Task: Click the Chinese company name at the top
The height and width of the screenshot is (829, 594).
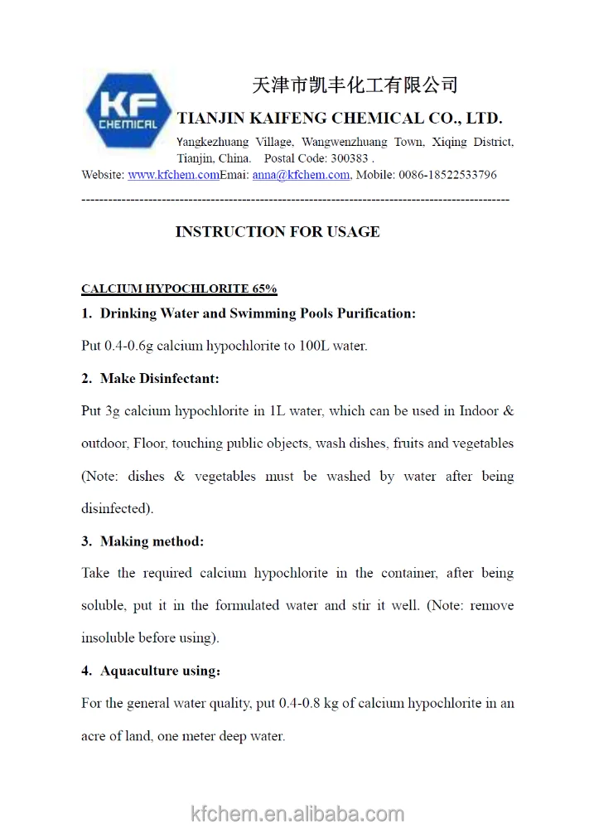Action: coord(355,85)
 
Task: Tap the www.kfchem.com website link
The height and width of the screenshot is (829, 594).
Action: coord(173,175)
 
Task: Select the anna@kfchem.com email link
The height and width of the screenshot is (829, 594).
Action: coord(301,175)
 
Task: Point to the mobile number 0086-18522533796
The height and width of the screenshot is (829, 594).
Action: coord(447,175)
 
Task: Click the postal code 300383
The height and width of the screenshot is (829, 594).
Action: coord(350,158)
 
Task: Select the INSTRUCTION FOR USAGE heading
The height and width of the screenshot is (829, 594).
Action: coord(278,232)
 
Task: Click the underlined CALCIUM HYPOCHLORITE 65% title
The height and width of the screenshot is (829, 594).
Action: coord(179,289)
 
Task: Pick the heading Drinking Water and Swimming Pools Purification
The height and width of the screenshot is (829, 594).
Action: coord(258,313)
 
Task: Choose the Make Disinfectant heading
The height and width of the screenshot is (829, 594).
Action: coord(159,378)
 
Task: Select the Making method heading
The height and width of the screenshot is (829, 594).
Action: coord(152,541)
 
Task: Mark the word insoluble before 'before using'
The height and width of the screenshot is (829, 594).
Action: coord(109,638)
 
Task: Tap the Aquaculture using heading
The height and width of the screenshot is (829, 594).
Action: coord(160,671)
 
